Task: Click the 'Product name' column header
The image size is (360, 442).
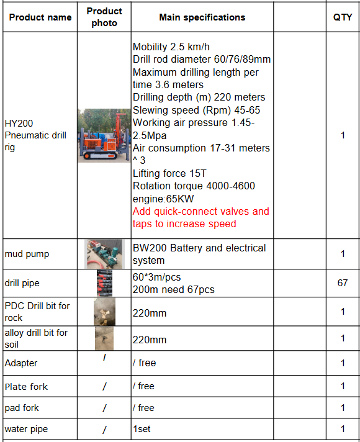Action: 40,17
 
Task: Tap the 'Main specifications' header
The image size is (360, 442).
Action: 202,17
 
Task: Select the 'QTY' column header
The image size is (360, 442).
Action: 343,17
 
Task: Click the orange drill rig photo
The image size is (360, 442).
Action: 104,135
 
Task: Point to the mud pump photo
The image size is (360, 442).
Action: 104,253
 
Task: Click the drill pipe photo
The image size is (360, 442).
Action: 104,283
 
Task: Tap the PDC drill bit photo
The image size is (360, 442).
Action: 104,312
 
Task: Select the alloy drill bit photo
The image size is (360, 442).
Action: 104,338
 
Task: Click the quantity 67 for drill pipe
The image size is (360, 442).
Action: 343,283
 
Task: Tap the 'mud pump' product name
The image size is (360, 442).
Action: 27,254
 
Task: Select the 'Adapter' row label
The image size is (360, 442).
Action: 21,363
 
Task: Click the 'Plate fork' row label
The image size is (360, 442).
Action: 26,387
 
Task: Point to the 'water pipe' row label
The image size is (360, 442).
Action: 26,429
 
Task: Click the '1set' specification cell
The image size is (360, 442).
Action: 142,429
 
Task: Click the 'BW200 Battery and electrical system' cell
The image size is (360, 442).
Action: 199,254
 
